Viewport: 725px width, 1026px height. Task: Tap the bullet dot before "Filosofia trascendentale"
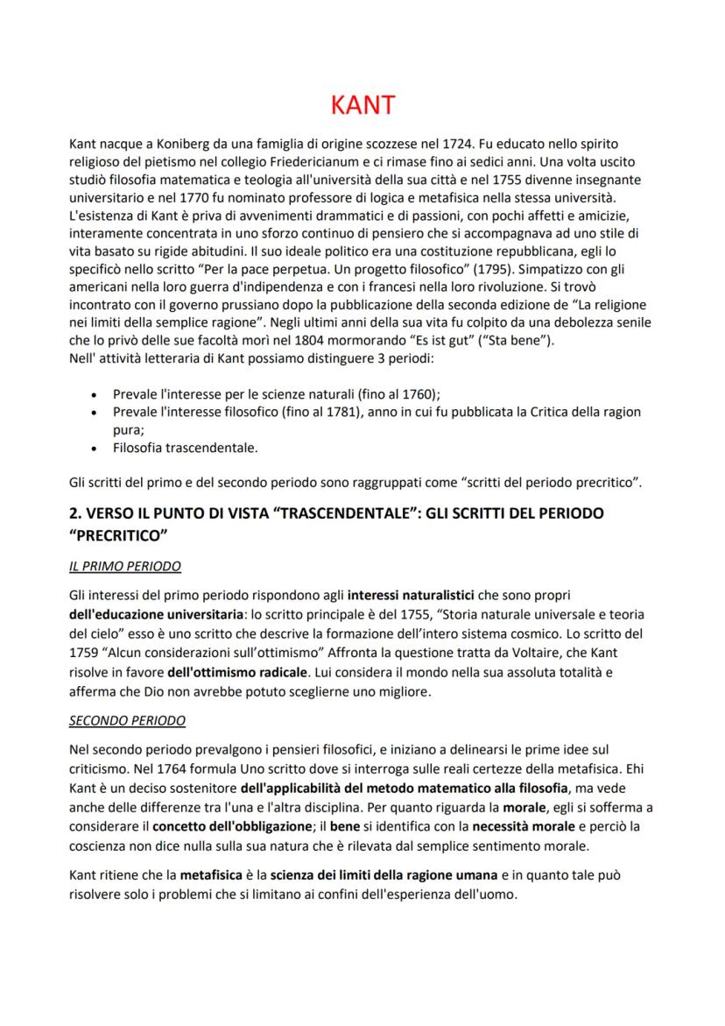(x=94, y=449)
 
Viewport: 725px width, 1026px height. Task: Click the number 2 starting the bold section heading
(x=74, y=513)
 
